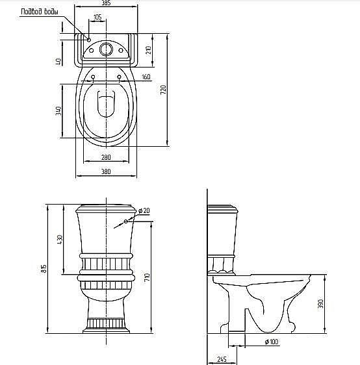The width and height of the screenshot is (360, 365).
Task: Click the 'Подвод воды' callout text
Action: [40, 12]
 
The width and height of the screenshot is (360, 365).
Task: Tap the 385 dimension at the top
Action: [106, 3]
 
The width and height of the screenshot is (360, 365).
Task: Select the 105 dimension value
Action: [97, 17]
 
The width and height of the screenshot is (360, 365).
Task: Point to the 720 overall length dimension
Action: [164, 90]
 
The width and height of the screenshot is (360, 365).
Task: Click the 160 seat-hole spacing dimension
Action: [146, 77]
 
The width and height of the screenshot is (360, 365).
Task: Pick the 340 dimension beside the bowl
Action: [58, 110]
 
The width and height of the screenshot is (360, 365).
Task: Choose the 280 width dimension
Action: [106, 157]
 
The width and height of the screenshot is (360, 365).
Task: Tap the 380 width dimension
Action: [106, 171]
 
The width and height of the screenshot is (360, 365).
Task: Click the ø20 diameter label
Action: [144, 210]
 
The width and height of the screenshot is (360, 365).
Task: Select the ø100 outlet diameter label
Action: [272, 342]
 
